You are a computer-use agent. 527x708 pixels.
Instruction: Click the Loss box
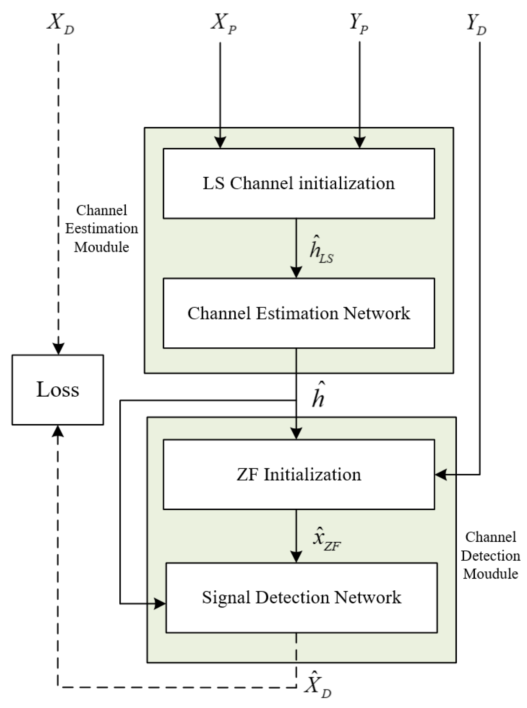58,390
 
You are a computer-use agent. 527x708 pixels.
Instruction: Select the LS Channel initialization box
299,183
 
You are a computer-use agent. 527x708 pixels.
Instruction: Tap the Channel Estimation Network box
299,313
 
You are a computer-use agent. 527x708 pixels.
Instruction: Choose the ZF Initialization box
299,475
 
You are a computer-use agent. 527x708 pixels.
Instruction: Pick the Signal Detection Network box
301,598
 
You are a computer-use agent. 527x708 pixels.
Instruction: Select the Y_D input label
477,23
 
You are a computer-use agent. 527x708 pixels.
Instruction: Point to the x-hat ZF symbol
326,539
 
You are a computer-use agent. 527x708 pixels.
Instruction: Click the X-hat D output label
318,684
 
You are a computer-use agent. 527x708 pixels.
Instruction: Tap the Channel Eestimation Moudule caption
102,228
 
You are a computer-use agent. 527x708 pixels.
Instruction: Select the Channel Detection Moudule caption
490,555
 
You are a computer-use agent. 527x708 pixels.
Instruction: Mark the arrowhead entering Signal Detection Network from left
160,603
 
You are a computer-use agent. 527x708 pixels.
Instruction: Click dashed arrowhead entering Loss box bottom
59,430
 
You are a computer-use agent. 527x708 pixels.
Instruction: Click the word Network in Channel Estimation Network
376,313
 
